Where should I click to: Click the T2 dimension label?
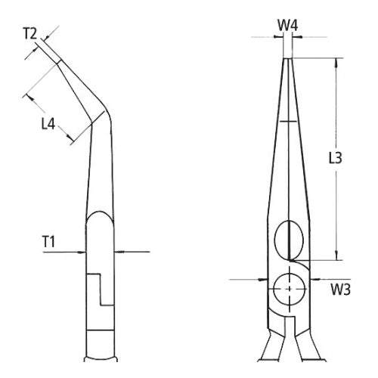29,33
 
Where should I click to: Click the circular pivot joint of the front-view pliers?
288,287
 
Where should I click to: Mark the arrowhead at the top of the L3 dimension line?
335,61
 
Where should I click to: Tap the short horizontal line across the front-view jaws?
287,121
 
